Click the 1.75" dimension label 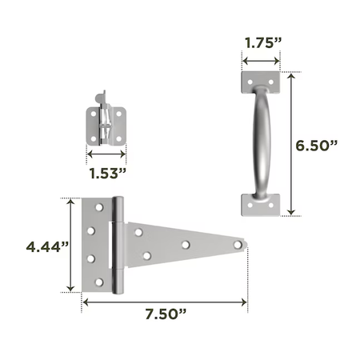coord(263,43)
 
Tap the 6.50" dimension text coord(317,146)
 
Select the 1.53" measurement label coord(107,174)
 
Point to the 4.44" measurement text coord(47,247)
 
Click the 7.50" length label coord(166,314)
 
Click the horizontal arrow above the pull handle coord(261,61)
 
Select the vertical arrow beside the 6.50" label coord(291,144)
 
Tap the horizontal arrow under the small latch coord(106,154)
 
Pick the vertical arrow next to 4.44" coord(70,245)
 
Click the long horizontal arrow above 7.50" coord(165,302)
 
